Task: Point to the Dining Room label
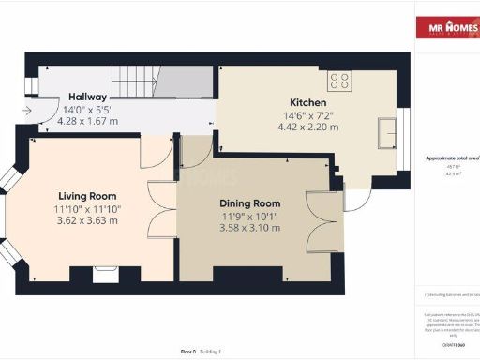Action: pos(249,203)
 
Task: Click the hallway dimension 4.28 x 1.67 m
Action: pos(87,121)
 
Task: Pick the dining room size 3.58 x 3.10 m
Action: pos(249,228)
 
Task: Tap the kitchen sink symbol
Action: pos(387,133)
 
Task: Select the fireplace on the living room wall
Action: pos(102,274)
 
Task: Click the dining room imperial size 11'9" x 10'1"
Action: pos(249,216)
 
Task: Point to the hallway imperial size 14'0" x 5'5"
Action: pos(87,109)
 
